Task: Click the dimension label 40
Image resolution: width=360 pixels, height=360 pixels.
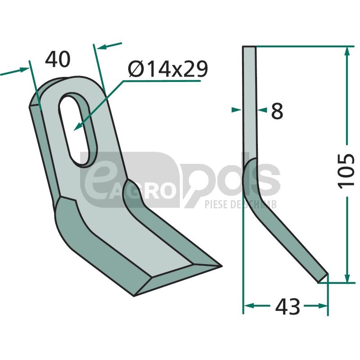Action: [58, 59]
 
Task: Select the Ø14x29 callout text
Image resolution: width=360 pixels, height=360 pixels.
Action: [168, 69]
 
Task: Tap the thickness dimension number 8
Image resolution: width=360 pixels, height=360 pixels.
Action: [277, 111]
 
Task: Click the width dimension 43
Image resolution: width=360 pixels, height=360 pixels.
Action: [288, 307]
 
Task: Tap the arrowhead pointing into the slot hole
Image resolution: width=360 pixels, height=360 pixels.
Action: [78, 126]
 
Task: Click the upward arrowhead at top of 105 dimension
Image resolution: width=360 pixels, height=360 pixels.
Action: [347, 51]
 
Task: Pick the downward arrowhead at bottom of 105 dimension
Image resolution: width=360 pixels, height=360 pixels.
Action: [347, 278]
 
